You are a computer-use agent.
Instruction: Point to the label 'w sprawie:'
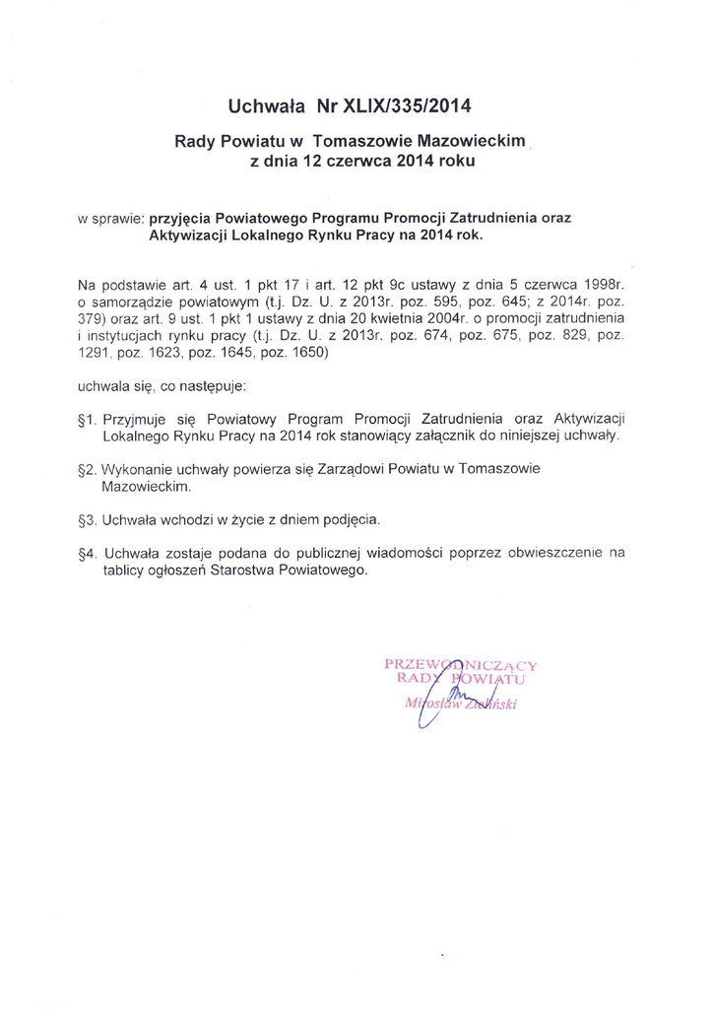tap(110, 216)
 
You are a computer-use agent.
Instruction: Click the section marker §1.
tap(85, 418)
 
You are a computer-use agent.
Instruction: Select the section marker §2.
tap(85, 469)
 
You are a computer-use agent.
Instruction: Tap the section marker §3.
tap(85, 518)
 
